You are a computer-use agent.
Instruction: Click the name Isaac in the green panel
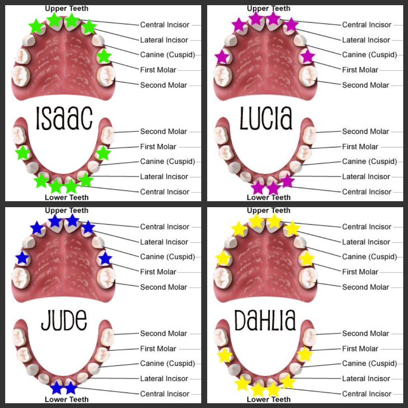[64, 118]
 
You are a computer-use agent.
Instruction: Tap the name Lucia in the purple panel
[266, 118]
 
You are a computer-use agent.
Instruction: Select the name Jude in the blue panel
[64, 320]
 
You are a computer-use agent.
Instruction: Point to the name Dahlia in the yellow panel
[265, 320]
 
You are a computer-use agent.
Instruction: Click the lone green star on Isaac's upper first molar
[104, 56]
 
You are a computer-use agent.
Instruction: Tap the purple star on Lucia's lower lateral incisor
[287, 181]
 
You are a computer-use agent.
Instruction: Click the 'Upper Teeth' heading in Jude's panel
[67, 210]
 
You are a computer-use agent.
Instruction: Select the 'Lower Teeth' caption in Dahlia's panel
[269, 399]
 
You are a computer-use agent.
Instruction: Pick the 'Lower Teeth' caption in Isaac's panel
[67, 198]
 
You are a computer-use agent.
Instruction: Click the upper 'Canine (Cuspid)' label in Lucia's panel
[369, 55]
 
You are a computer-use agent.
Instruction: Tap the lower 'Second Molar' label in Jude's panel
[164, 333]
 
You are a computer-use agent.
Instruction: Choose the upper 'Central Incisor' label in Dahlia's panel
[367, 227]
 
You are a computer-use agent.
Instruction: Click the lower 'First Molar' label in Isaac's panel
[158, 147]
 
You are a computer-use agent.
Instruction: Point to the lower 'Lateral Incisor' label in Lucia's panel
[366, 177]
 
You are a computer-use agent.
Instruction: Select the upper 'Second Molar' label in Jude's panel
[164, 287]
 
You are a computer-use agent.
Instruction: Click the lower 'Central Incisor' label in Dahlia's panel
[367, 394]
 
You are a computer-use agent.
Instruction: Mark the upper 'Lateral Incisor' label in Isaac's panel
[164, 40]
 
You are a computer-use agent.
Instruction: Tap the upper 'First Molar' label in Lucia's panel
[360, 70]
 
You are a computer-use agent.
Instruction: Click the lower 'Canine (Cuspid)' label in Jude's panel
[168, 363]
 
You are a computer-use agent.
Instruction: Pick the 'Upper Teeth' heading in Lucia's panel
[269, 8]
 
